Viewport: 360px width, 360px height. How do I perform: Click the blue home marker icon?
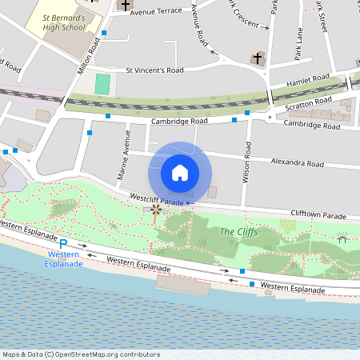(x=179, y=172)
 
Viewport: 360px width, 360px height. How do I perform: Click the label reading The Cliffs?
(x=238, y=233)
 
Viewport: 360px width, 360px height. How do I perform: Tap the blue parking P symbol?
(x=63, y=245)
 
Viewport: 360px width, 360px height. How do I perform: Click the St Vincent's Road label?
(x=155, y=70)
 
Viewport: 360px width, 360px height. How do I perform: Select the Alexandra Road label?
(x=297, y=162)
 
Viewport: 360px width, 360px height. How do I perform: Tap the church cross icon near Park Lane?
(x=258, y=58)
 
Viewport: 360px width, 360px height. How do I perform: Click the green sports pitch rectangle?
(x=102, y=82)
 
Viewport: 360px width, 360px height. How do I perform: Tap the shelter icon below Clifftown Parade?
(x=342, y=238)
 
